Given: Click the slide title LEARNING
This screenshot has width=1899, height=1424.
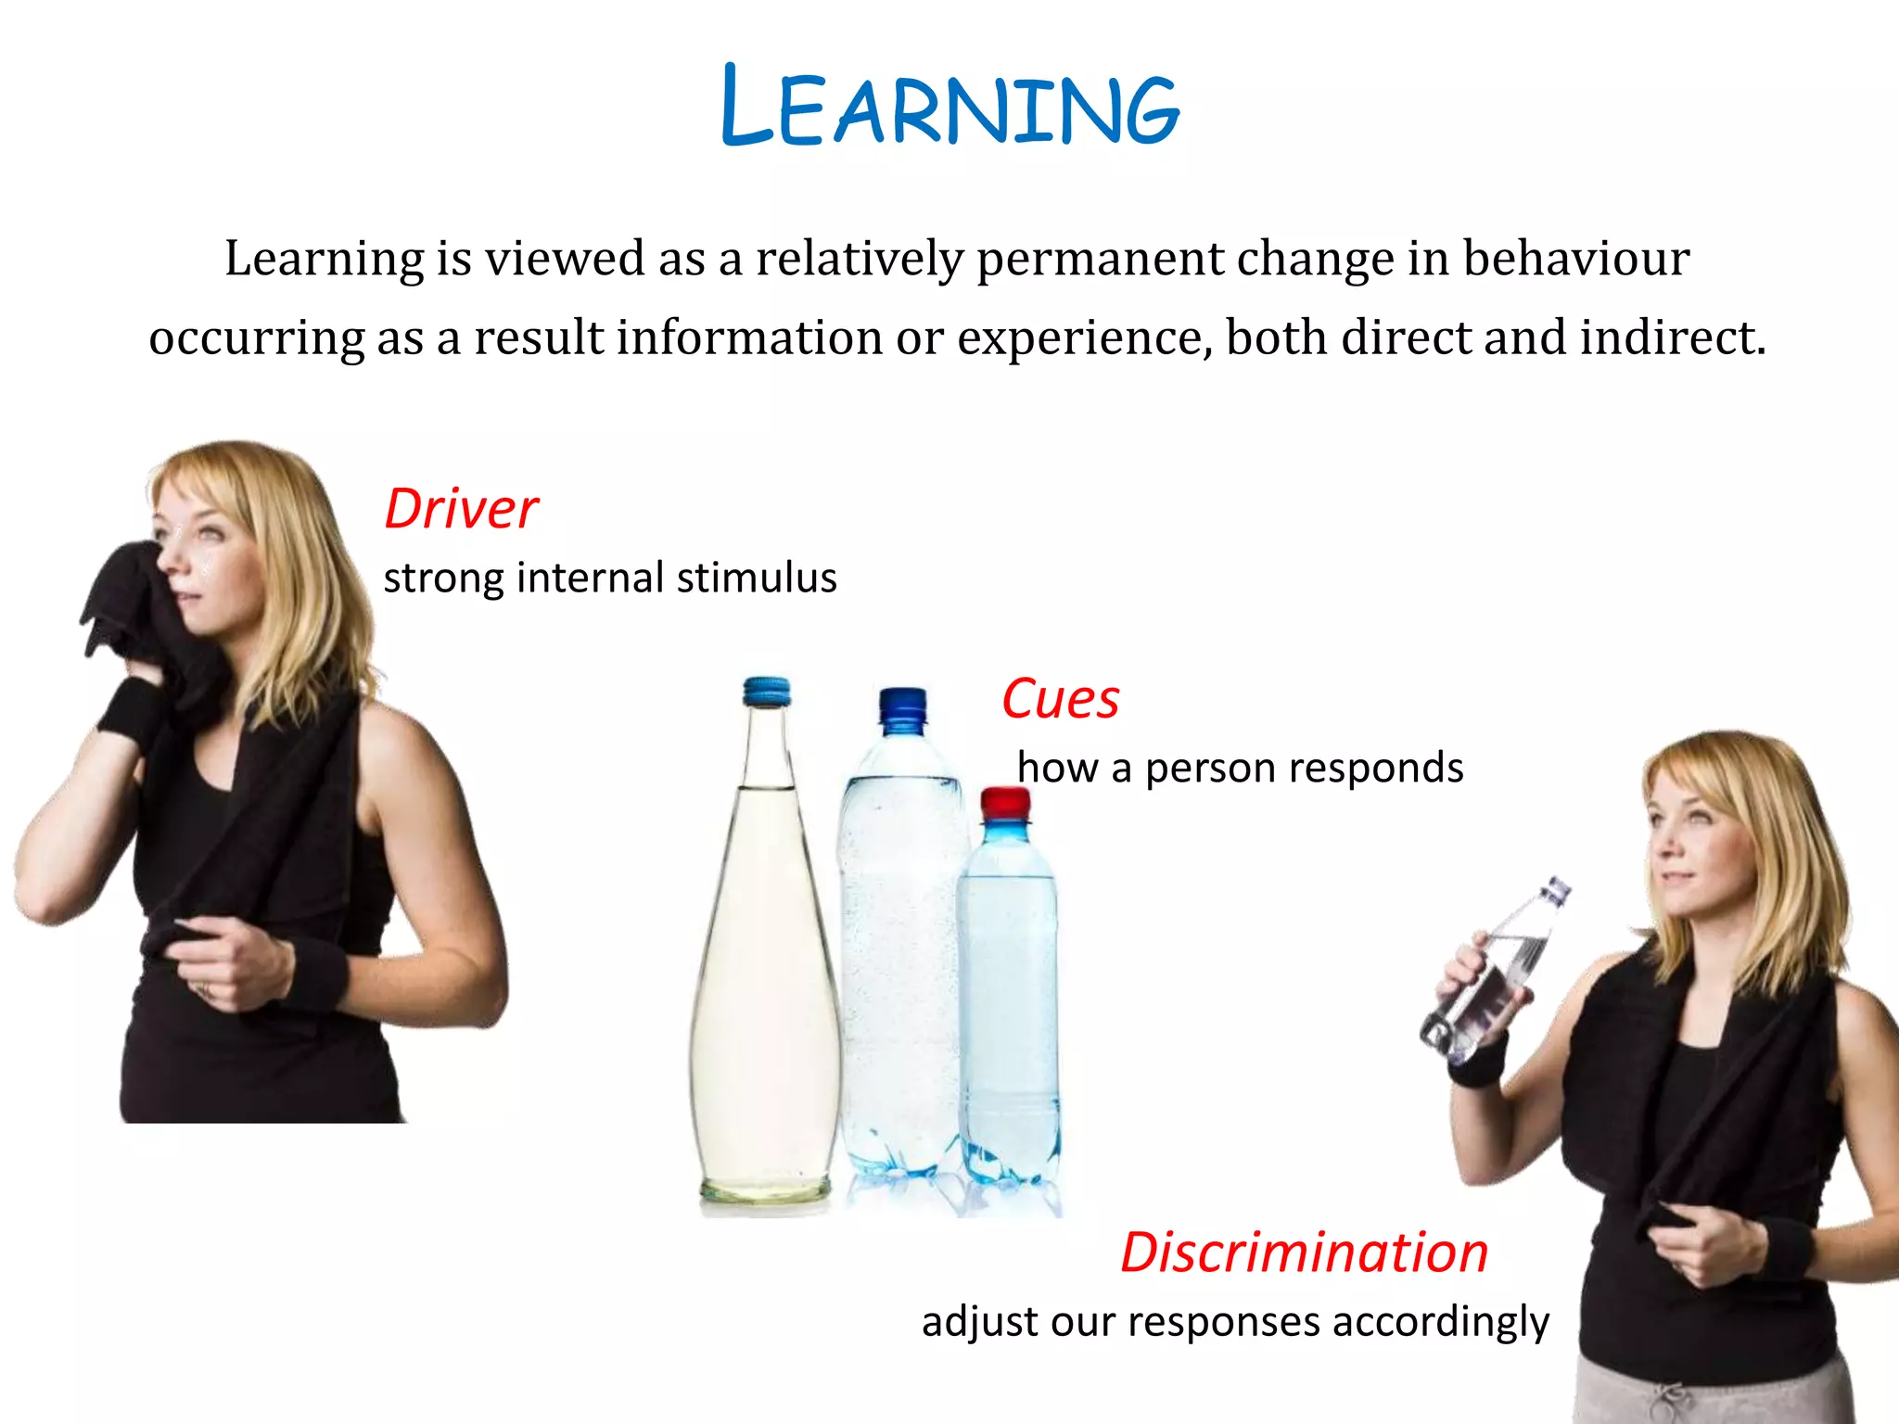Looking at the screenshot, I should pos(949,107).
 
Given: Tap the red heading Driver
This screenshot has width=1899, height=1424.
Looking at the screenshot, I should pos(461,509).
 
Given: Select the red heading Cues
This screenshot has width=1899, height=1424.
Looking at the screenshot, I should pos(1061,699).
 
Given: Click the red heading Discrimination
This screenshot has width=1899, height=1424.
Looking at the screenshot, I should pos(1304,1252).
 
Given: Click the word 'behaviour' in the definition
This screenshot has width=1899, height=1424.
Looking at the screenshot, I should pos(1576,259).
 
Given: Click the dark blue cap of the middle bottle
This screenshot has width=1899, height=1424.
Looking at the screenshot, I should pos(902,709).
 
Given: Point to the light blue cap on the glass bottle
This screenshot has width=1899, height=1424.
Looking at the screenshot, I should pos(767,692).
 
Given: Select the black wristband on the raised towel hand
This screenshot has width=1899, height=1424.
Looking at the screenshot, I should pos(130,709).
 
